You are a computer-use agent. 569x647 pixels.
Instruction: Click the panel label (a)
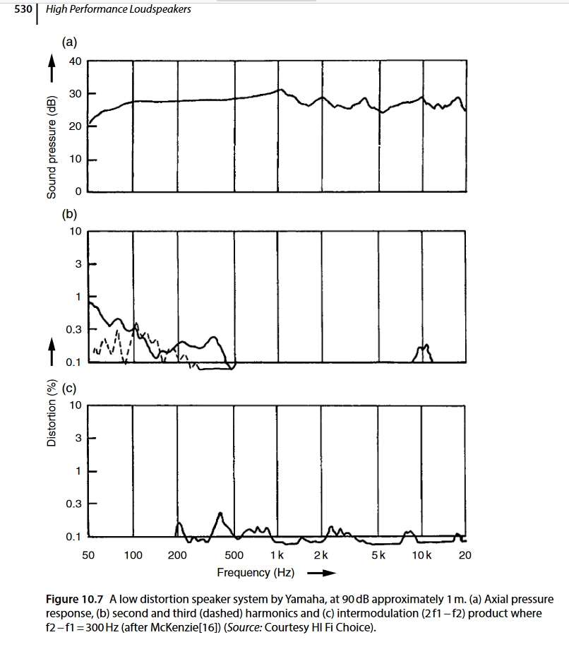click(x=70, y=42)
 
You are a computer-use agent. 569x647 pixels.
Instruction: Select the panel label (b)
click(x=70, y=213)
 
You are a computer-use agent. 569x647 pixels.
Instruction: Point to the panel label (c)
click(x=69, y=387)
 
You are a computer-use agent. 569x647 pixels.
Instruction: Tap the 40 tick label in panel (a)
click(x=75, y=61)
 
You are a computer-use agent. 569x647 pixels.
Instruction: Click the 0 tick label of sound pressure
click(x=79, y=191)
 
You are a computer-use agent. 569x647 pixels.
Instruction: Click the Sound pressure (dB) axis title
click(x=52, y=145)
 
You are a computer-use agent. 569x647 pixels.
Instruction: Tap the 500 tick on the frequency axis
click(x=234, y=555)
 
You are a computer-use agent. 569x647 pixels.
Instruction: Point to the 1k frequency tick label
click(x=277, y=555)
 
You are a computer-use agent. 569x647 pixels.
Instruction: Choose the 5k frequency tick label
click(x=378, y=555)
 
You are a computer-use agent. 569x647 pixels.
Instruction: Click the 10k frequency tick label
click(x=422, y=555)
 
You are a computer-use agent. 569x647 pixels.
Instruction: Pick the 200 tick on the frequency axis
click(x=177, y=555)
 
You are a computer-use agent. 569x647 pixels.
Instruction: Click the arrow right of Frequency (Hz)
click(x=322, y=573)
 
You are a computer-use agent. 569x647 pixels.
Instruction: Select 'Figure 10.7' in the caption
click(x=76, y=600)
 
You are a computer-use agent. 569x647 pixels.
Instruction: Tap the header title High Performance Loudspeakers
click(x=119, y=9)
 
